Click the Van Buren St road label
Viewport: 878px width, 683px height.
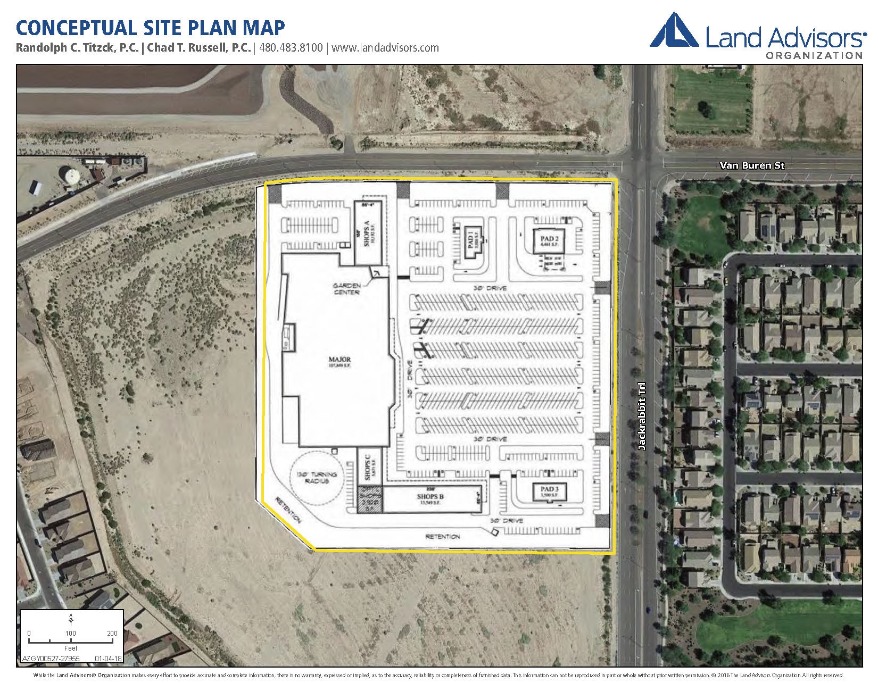(752, 165)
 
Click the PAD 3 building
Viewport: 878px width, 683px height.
(549, 492)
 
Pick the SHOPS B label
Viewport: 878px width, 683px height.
(432, 497)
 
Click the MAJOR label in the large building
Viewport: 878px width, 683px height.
(338, 360)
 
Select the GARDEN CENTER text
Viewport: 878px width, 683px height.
(346, 289)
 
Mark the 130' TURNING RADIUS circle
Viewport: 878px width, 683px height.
(318, 478)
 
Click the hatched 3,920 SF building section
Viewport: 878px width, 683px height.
(369, 500)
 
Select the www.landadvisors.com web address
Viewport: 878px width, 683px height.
(385, 47)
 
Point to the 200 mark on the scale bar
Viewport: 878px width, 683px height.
(112, 633)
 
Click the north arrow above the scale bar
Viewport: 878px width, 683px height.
(71, 620)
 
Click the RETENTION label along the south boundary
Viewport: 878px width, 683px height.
(442, 537)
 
